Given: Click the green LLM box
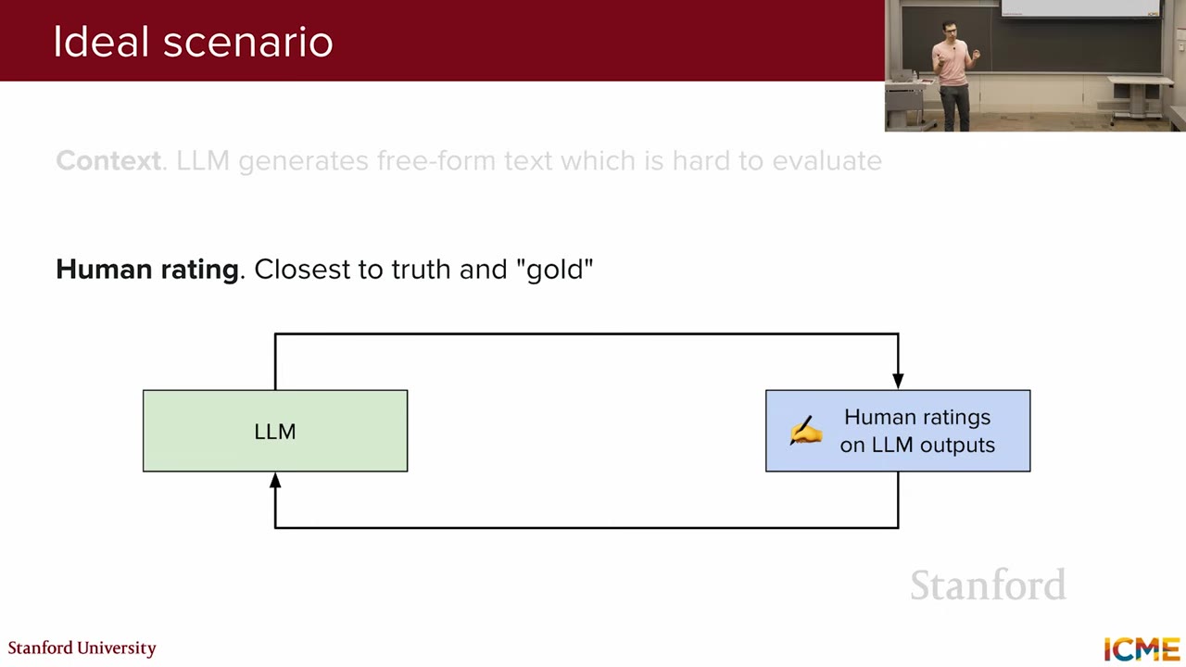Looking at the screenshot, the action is (x=275, y=431).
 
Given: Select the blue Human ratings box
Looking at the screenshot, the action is (x=898, y=431).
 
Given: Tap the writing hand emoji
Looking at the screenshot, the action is (x=805, y=431).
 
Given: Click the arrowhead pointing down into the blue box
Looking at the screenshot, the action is (x=898, y=381).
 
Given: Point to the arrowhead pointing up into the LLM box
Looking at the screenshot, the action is (x=275, y=480).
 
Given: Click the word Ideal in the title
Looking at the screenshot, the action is (x=101, y=42).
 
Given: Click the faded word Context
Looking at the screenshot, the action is (x=108, y=160).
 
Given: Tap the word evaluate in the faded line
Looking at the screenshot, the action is (x=827, y=160).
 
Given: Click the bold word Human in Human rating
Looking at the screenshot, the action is (x=104, y=269).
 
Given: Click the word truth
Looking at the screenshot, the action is (x=421, y=269).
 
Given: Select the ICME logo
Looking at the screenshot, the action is (x=1142, y=649).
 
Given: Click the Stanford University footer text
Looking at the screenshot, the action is (x=82, y=648).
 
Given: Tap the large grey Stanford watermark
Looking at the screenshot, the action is (x=988, y=585).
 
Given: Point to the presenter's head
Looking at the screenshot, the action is (x=950, y=31).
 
